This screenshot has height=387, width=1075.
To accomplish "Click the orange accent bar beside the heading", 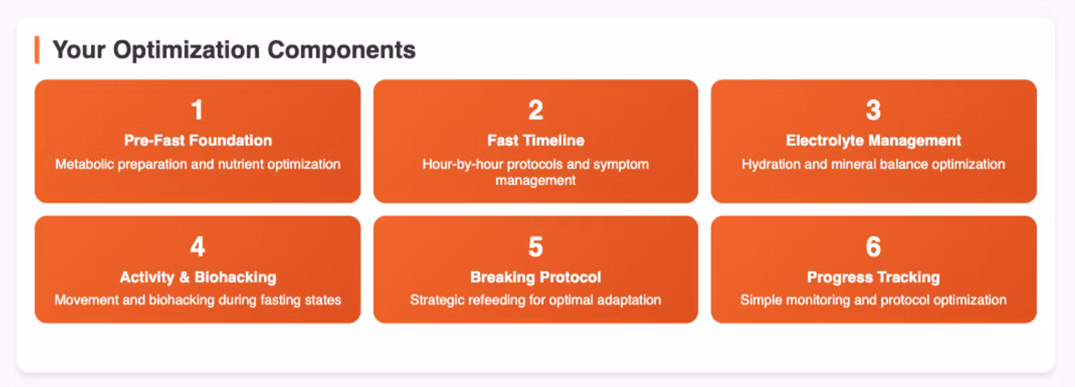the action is [37, 50].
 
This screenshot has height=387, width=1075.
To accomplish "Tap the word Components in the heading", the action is [342, 50].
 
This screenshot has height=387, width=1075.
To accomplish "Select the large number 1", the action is [197, 110].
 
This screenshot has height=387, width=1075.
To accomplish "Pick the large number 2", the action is [535, 110].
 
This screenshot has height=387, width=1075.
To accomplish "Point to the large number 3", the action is [873, 110].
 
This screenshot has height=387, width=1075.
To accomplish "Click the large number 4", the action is [197, 246].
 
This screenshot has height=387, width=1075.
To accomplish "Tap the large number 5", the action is [535, 247].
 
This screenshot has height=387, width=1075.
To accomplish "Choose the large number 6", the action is [873, 247].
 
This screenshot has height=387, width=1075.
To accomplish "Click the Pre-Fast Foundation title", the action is [198, 140].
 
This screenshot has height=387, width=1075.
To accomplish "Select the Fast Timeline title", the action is [535, 140].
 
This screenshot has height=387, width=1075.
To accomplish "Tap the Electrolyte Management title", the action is [873, 141].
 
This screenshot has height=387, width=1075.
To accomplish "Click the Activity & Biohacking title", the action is [198, 277].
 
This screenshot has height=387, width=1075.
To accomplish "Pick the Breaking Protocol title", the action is [535, 277].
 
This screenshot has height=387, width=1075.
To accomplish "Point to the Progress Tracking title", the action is [873, 277].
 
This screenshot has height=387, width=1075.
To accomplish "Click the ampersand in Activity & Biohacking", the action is [184, 277].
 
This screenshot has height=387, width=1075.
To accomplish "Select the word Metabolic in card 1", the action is [85, 164].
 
